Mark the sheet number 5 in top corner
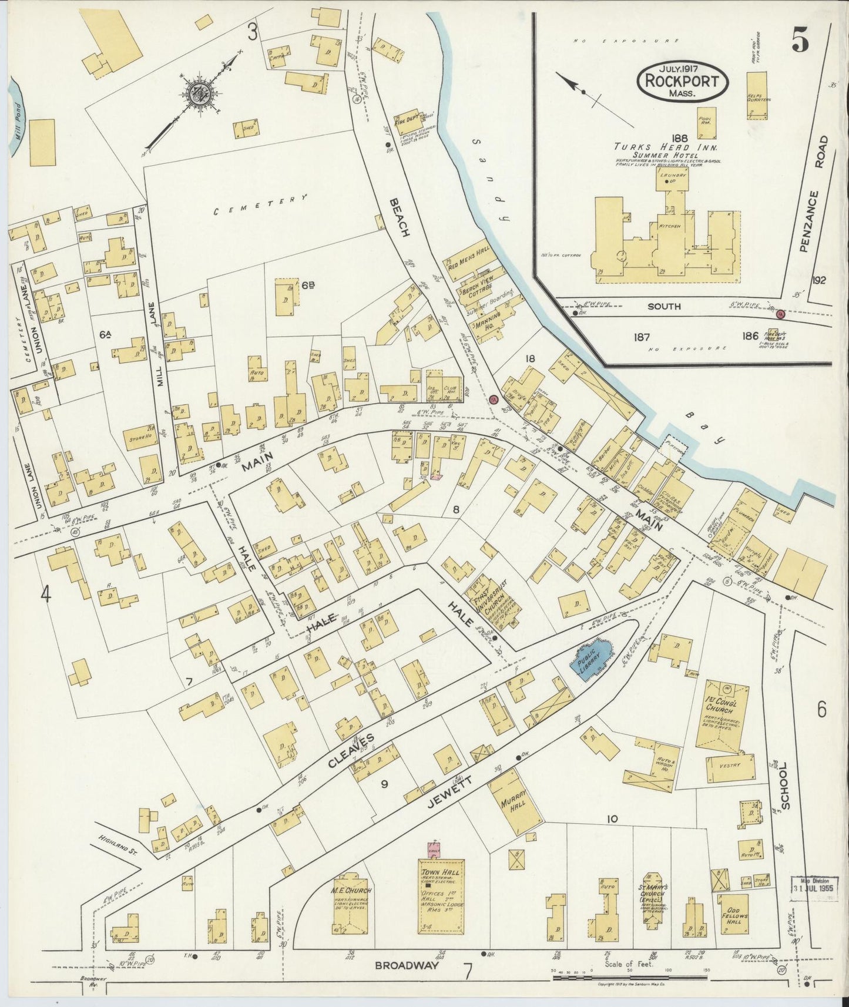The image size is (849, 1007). pos(799,40)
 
